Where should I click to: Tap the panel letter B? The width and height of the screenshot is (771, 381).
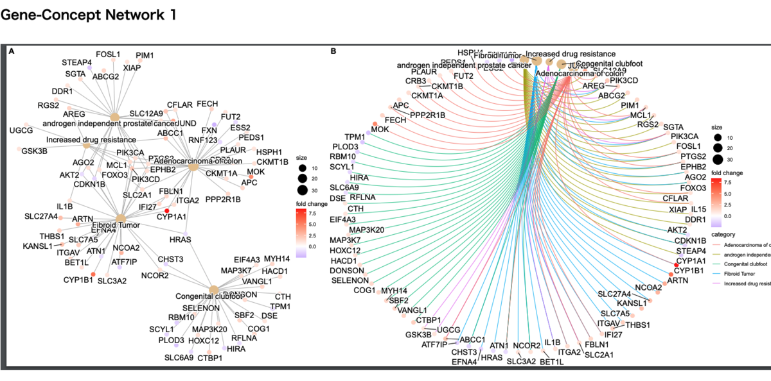(333, 51)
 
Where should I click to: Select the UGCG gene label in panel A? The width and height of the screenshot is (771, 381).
(21, 130)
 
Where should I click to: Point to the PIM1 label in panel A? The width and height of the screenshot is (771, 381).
(145, 56)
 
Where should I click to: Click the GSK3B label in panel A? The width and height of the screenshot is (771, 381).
(33, 151)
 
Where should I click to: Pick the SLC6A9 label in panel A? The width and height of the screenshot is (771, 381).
(179, 357)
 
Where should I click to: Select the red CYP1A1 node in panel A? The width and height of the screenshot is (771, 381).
(167, 210)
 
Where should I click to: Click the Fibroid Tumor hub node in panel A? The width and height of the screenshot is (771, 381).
(120, 218)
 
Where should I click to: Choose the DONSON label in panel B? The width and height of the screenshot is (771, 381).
(347, 271)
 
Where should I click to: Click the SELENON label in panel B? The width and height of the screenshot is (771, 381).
(350, 281)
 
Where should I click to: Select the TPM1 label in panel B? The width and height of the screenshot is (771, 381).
(355, 138)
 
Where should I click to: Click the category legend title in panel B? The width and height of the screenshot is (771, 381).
(732, 233)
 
